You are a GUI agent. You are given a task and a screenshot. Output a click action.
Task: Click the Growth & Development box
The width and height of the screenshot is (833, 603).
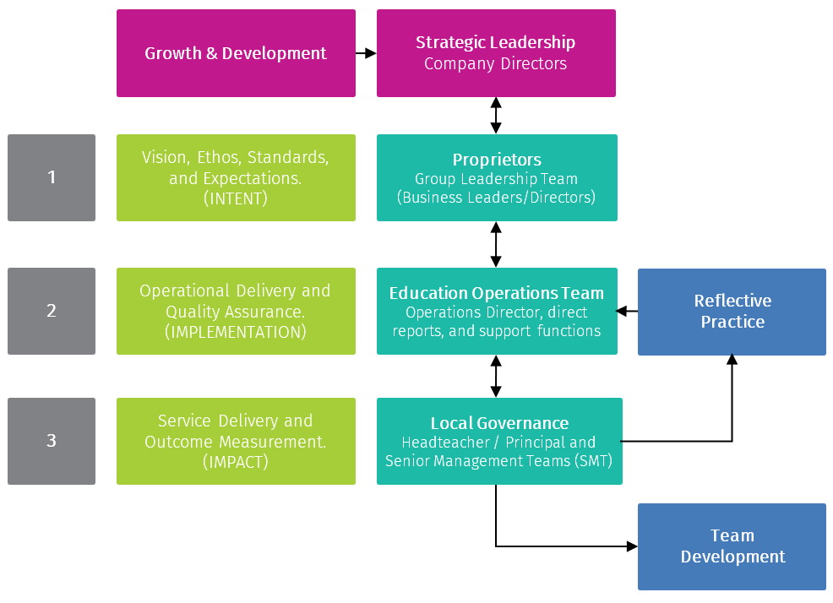tap(236, 53)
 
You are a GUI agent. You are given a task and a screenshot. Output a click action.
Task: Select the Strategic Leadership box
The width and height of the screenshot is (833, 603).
tap(496, 53)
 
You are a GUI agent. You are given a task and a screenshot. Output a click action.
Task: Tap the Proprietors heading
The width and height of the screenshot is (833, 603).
tap(497, 160)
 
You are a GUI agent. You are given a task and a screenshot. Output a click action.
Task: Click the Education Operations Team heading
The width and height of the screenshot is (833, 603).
tap(497, 293)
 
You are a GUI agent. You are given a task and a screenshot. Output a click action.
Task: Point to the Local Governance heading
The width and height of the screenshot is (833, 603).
tap(499, 423)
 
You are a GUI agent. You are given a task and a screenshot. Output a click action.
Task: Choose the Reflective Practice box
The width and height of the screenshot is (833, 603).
tap(732, 312)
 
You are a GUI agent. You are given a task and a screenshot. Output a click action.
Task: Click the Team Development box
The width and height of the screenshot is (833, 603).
tap(732, 546)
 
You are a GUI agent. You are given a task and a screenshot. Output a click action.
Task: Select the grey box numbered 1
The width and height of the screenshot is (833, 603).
tap(52, 177)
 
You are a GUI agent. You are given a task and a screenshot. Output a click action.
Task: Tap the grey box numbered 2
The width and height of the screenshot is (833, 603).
tap(52, 311)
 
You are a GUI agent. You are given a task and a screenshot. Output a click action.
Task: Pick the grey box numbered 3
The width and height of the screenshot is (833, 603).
tap(52, 441)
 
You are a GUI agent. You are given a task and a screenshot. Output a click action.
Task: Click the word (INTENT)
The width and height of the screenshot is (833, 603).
tap(236, 200)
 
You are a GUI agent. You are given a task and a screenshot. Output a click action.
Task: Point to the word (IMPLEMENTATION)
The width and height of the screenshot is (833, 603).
tap(236, 333)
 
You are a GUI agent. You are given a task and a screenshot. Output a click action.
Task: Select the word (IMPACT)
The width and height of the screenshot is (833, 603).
tap(236, 462)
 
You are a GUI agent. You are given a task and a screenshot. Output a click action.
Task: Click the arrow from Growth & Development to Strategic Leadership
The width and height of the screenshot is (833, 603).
tap(366, 53)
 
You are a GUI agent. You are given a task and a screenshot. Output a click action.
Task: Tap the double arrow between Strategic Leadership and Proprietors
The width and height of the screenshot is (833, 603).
tap(496, 116)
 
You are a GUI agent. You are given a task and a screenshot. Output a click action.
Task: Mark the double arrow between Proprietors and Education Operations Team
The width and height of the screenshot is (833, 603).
tap(496, 245)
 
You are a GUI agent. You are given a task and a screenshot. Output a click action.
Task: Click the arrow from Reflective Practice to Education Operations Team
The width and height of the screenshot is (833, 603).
tap(627, 312)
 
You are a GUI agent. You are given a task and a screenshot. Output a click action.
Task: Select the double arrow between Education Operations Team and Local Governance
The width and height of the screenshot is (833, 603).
tap(496, 377)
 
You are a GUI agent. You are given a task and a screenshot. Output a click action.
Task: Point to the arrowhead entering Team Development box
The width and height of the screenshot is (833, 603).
tap(632, 546)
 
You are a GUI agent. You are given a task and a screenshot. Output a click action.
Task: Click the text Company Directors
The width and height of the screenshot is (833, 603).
tap(496, 64)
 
